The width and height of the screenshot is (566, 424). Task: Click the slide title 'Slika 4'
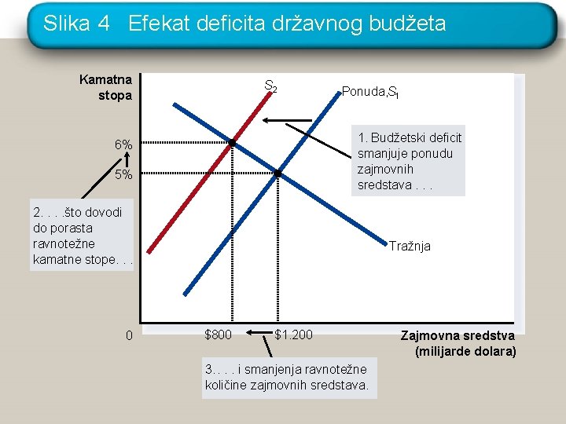(76, 24)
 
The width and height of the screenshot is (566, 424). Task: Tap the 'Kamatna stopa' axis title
(105, 88)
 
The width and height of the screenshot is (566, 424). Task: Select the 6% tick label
(123, 145)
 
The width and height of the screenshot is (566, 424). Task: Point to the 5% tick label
(123, 174)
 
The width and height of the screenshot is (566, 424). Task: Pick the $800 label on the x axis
(218, 335)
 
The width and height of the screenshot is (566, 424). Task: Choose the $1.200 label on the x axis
(293, 335)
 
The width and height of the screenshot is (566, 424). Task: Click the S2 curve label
(270, 86)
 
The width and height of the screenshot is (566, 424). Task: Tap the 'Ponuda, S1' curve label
(371, 92)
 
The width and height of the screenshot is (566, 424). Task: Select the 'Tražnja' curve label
(410, 246)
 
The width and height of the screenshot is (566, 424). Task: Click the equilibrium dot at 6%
(233, 142)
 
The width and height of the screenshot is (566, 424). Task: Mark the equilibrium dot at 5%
(277, 173)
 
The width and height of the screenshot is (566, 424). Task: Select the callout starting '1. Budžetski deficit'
(409, 161)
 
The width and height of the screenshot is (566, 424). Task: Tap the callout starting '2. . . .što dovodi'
(82, 235)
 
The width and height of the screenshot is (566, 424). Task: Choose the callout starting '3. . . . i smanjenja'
(289, 377)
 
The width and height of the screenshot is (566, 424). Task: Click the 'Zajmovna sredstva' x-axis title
(458, 343)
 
